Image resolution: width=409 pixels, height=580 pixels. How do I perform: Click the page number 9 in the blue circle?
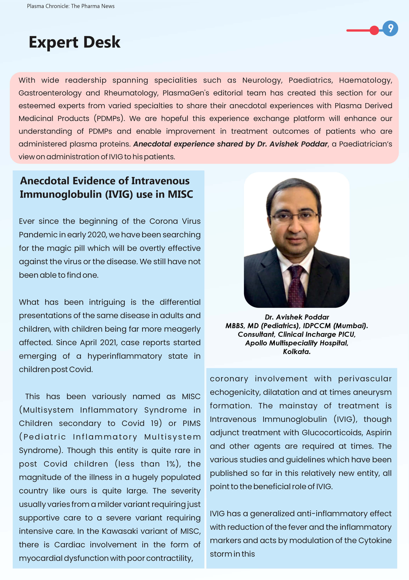point(390,28)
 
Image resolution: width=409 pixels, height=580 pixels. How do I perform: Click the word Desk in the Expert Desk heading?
point(102,42)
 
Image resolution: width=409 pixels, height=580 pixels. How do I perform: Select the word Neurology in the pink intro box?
point(262,80)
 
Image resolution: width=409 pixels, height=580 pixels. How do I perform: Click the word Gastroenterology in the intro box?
point(50,93)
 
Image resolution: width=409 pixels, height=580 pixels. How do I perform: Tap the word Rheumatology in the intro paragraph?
point(131,93)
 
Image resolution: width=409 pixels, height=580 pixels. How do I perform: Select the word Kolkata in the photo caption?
point(297,352)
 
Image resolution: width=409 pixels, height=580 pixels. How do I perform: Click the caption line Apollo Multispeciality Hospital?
point(297,343)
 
